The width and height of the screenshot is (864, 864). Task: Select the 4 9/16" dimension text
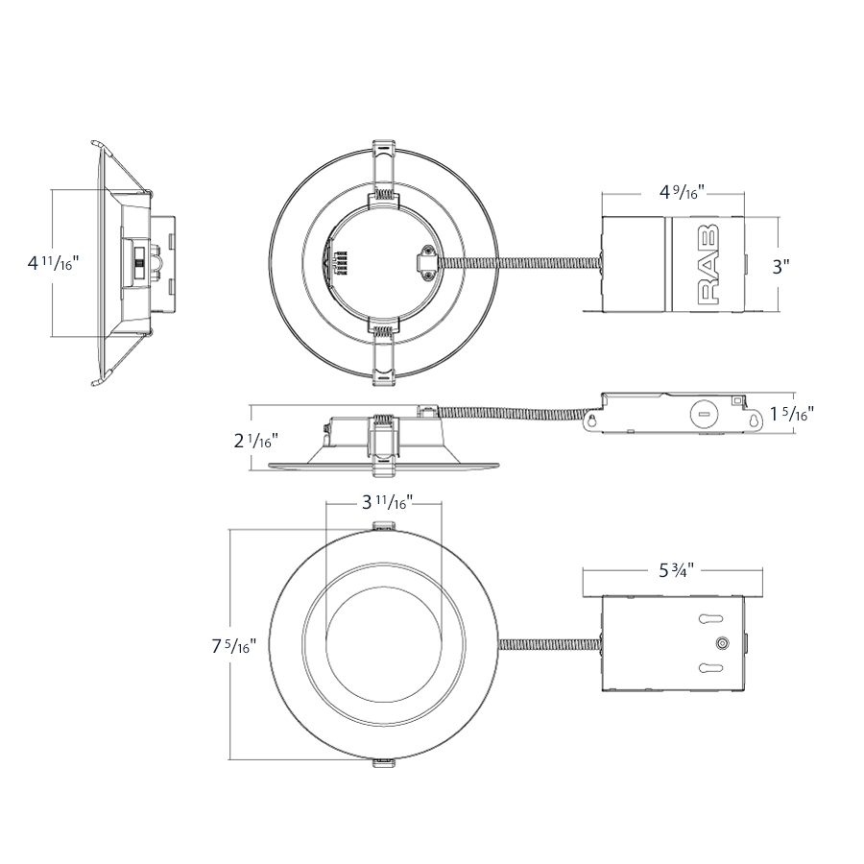pyautogui.click(x=683, y=192)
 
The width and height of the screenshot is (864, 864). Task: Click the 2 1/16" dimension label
pyautogui.click(x=254, y=441)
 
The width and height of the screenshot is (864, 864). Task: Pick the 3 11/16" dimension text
pyautogui.click(x=383, y=502)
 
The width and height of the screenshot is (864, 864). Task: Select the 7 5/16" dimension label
pyautogui.click(x=230, y=646)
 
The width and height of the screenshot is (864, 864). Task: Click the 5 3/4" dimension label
pyautogui.click(x=676, y=570)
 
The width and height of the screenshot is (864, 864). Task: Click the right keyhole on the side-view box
pyautogui.click(x=756, y=419)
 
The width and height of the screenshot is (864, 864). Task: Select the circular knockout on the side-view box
pyautogui.click(x=704, y=415)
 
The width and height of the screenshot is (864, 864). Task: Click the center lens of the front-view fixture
pyautogui.click(x=384, y=643)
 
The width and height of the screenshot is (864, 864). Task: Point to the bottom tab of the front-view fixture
pyautogui.click(x=384, y=762)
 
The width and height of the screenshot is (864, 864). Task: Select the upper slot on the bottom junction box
pyautogui.click(x=711, y=619)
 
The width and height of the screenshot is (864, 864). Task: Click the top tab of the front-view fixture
pyautogui.click(x=384, y=525)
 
